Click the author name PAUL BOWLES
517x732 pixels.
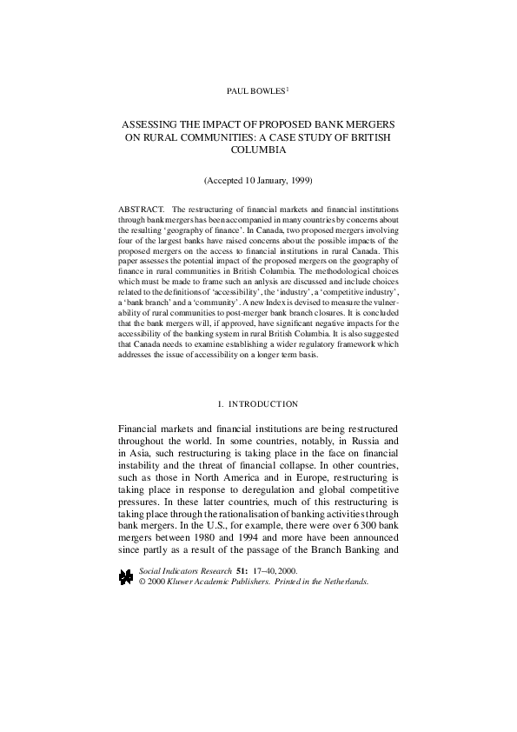coord(255,90)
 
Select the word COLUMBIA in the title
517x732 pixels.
coord(258,150)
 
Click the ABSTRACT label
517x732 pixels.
coord(140,210)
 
